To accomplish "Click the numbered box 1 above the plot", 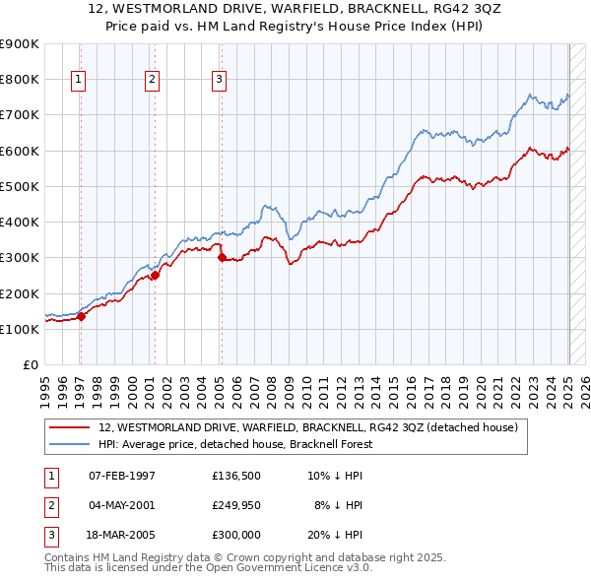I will click(x=78, y=81).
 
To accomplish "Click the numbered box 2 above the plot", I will click(x=152, y=81).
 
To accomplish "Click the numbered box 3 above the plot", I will click(x=219, y=81).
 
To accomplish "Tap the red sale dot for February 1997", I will click(x=82, y=316).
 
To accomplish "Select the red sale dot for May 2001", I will click(x=156, y=276).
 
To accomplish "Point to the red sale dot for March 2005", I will click(x=222, y=258).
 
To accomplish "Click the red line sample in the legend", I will click(x=71, y=427).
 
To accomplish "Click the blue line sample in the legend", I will click(x=71, y=445).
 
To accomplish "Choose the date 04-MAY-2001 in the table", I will click(x=122, y=505).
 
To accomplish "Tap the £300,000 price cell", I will click(x=235, y=535).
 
